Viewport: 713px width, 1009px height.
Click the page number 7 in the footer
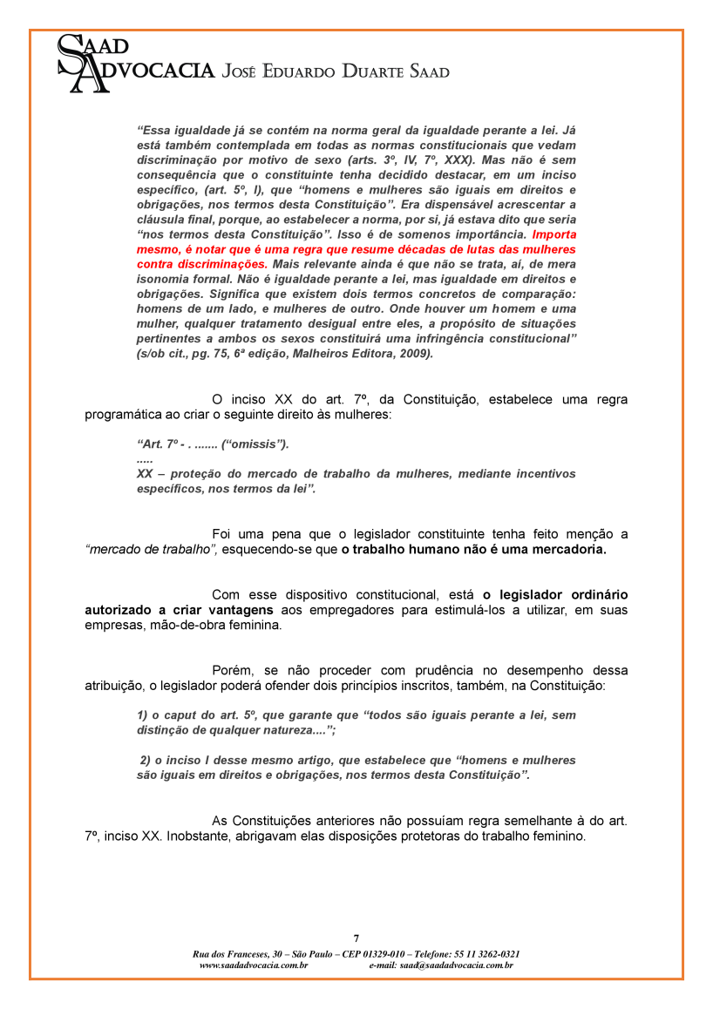click(x=356, y=938)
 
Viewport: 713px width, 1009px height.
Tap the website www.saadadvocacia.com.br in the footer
click(x=253, y=965)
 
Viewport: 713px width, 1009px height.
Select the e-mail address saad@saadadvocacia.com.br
click(x=457, y=965)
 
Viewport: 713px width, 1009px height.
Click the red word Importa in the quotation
click(x=553, y=234)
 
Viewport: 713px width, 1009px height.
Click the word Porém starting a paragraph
click(x=231, y=670)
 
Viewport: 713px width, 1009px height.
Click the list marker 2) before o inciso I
click(x=146, y=760)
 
